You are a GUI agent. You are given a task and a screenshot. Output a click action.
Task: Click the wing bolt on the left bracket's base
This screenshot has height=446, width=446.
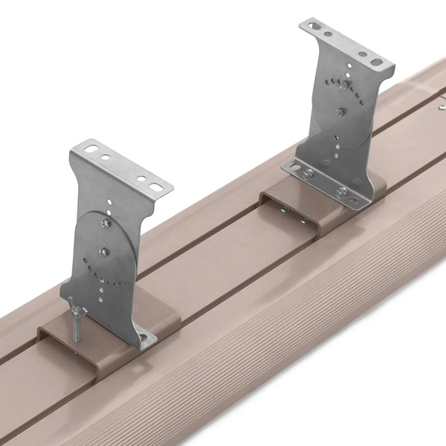point(77,308)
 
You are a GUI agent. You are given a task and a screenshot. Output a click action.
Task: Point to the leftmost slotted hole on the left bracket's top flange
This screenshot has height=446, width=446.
point(91,150)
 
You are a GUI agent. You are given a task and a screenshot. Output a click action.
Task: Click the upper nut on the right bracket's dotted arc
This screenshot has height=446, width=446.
point(343,85)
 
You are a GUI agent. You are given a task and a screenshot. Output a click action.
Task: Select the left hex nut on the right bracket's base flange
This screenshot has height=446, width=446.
point(307,173)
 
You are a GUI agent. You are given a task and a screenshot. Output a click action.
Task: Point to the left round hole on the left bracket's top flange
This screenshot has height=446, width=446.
point(106,158)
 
